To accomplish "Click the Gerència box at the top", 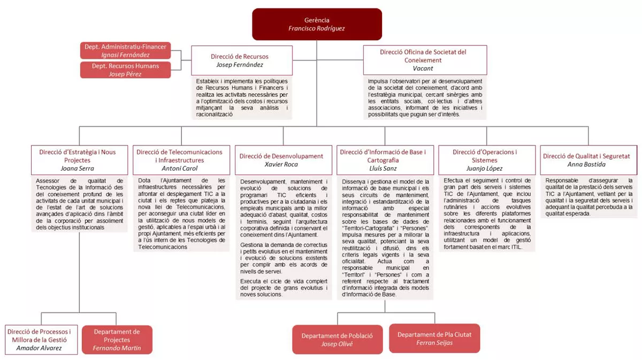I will click(x=317, y=24).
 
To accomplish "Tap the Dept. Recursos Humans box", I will click(x=126, y=70).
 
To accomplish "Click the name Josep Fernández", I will click(x=240, y=65).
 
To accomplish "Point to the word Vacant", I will click(x=423, y=68).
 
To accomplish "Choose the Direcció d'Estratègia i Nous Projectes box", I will click(x=78, y=159).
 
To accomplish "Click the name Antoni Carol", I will click(x=179, y=168).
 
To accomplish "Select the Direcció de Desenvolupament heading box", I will click(x=281, y=159).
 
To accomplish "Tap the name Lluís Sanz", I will click(x=383, y=168).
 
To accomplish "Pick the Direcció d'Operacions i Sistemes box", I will click(x=485, y=159).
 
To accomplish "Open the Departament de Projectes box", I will click(x=117, y=340).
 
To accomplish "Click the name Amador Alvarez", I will click(x=40, y=348).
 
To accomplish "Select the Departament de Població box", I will click(x=337, y=340).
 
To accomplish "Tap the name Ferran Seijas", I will click(x=434, y=343).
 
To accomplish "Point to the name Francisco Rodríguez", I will click(x=317, y=28).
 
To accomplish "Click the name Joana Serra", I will click(x=78, y=168).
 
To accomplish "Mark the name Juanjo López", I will click(x=485, y=168).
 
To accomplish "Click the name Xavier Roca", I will click(x=281, y=164).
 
